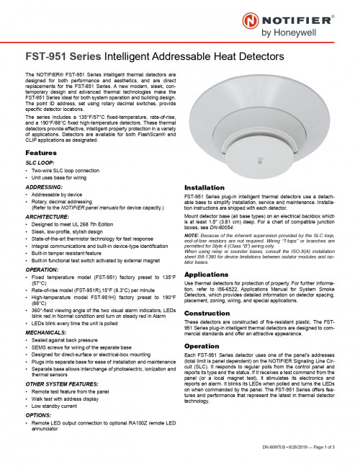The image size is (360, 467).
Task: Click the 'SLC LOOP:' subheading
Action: (x=40, y=164)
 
